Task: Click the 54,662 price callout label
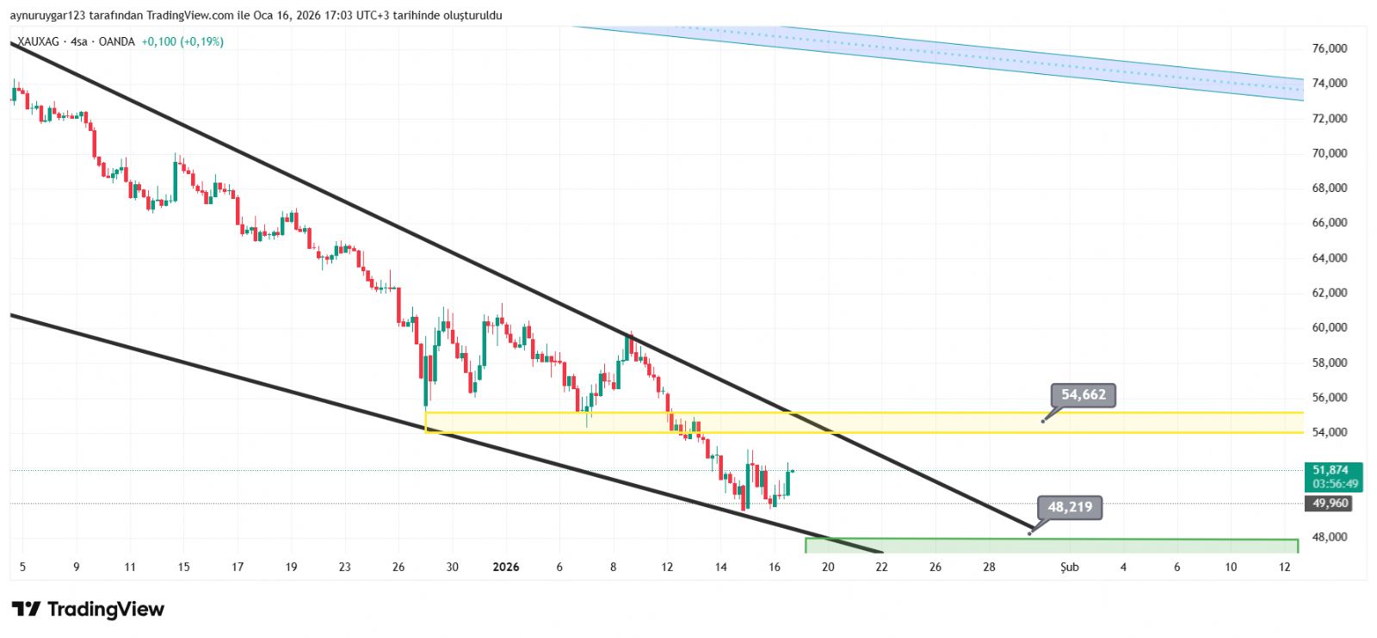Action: tap(1083, 395)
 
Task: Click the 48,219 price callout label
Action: tap(1070, 507)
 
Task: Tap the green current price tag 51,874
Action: tap(1331, 470)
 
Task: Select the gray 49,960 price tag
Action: tap(1331, 503)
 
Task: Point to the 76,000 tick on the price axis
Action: tap(1330, 49)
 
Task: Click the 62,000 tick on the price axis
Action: tap(1330, 293)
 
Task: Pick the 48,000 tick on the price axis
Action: tap(1330, 537)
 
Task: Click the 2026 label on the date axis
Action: tap(505, 567)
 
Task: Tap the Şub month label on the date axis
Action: tap(1070, 567)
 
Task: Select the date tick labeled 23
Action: tap(344, 567)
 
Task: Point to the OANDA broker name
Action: tap(116, 41)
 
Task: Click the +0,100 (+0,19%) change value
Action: tap(182, 41)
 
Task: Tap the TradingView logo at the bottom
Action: tap(88, 610)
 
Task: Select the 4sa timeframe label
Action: tap(79, 41)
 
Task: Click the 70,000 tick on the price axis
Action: tap(1330, 153)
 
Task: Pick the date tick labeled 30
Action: tap(452, 567)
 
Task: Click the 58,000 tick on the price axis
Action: tap(1330, 362)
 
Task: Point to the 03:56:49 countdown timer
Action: tap(1335, 484)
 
